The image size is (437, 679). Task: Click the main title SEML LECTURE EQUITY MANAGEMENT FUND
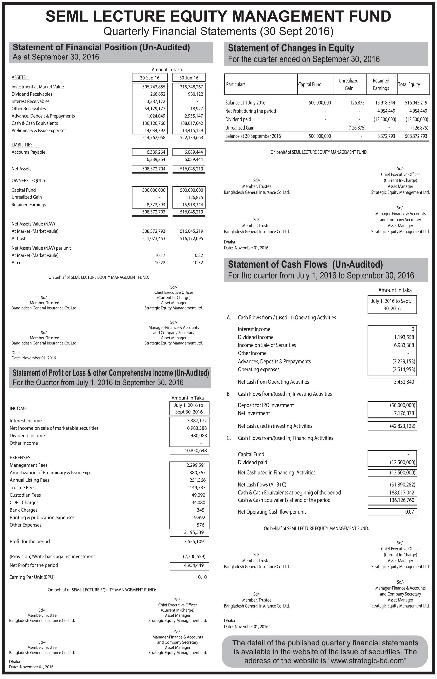coord(218,16)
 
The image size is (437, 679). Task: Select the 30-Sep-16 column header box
coord(150,78)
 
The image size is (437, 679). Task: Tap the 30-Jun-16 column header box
coord(189,78)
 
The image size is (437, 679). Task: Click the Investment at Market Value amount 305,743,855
coord(154,87)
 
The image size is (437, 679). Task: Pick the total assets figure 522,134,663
coord(191,138)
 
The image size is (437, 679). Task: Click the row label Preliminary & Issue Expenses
coord(39,131)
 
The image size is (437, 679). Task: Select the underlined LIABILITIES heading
coord(22,145)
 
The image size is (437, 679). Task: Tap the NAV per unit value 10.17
coord(160,255)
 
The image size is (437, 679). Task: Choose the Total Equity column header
coord(409,84)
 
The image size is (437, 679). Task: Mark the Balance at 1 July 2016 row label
coord(245,103)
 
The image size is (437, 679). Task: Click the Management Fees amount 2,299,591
coord(196,465)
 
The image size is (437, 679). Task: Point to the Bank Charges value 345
coord(200,510)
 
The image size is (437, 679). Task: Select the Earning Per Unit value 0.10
coord(202,577)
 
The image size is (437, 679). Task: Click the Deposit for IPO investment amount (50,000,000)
coord(402,405)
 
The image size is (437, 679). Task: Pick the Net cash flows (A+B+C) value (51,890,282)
coord(402,485)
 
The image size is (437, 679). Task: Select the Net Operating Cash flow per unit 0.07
coord(410,512)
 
